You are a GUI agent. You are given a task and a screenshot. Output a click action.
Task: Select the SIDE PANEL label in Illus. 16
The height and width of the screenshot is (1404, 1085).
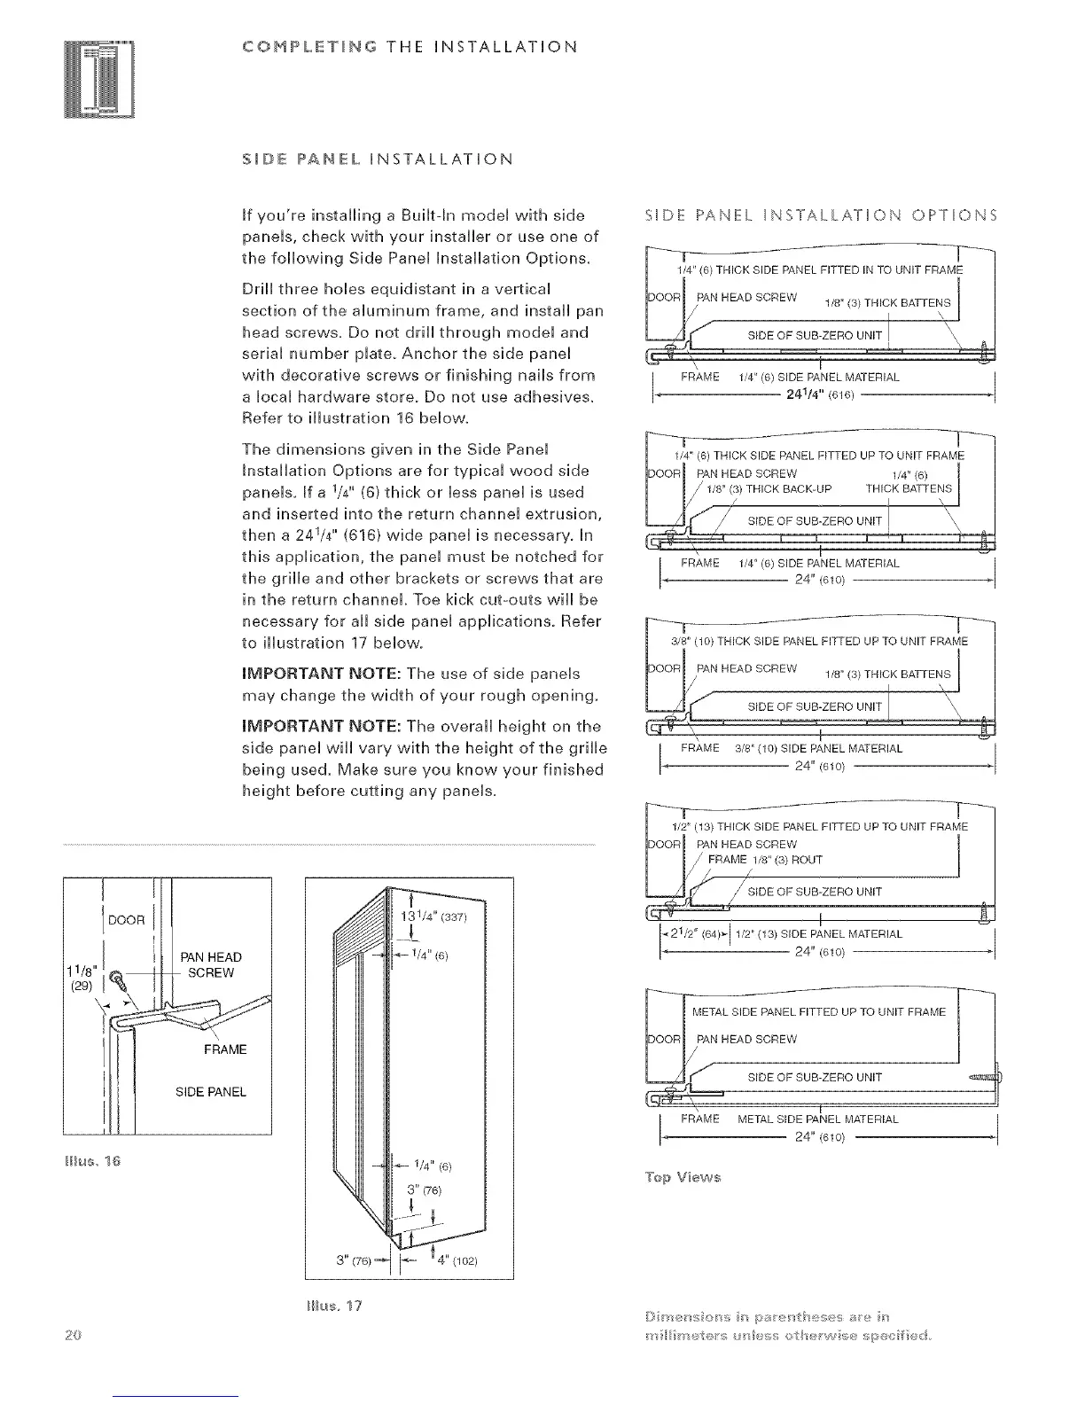tap(211, 1091)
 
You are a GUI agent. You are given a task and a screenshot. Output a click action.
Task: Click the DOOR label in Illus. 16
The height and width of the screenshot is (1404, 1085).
tap(126, 919)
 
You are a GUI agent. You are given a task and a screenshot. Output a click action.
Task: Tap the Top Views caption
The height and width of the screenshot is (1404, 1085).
tap(683, 1177)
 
